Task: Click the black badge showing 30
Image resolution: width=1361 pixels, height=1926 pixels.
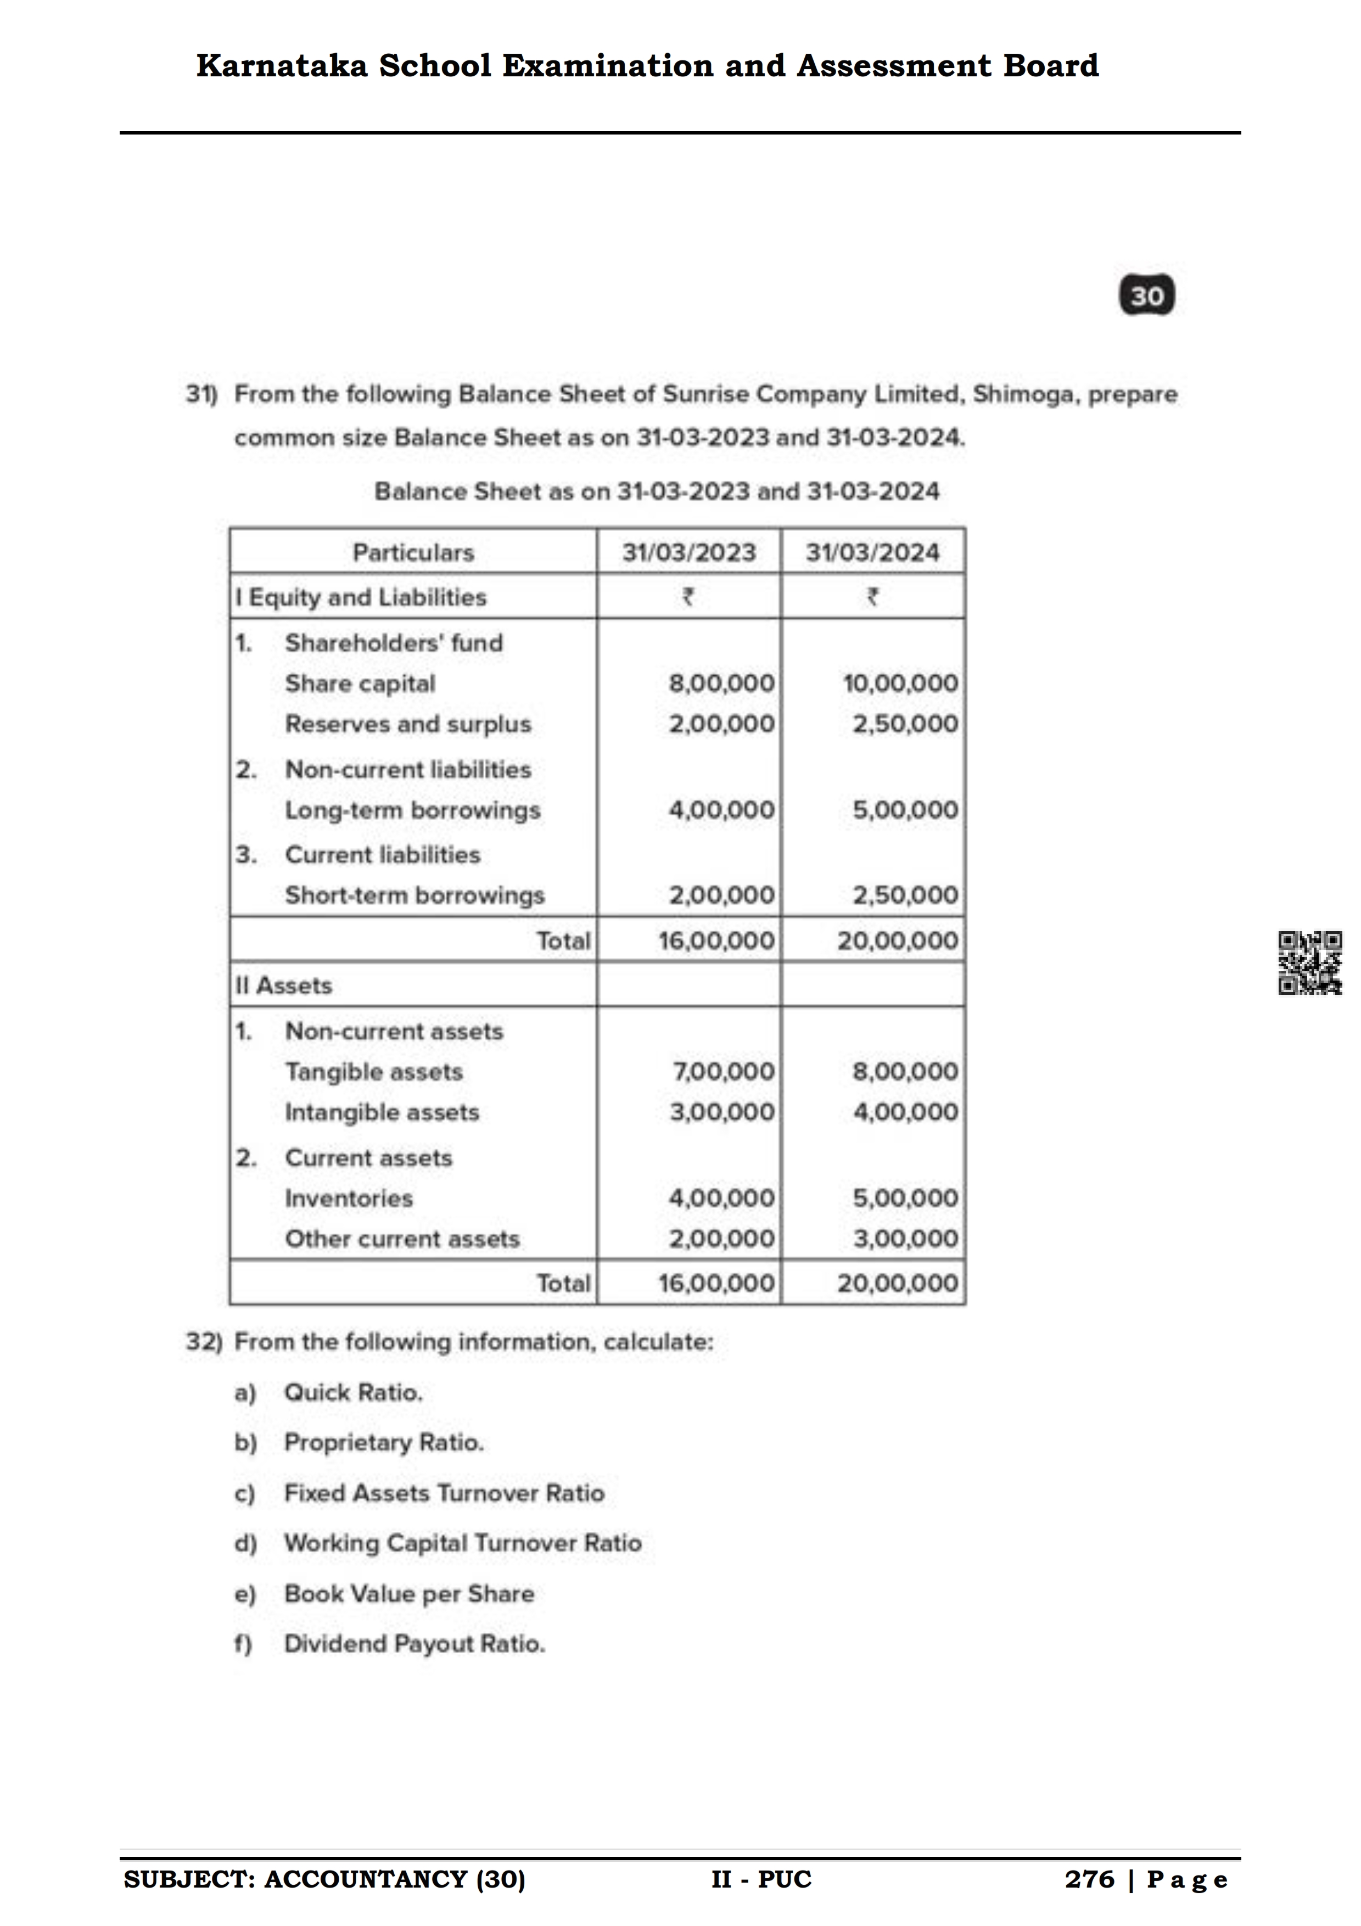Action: point(1146,295)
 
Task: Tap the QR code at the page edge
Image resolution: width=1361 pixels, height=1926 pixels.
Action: point(1309,963)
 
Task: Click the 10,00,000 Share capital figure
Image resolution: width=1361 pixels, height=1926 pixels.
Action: point(900,683)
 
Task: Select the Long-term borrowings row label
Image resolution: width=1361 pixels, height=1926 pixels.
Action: point(412,810)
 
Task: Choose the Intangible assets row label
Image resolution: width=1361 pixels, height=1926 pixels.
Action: point(382,1112)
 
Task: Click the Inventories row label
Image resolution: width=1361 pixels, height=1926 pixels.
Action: point(349,1198)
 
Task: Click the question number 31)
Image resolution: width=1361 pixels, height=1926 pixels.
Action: point(201,394)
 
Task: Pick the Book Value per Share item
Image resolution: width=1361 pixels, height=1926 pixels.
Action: point(409,1594)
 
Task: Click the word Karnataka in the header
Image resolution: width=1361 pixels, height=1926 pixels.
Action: point(281,65)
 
